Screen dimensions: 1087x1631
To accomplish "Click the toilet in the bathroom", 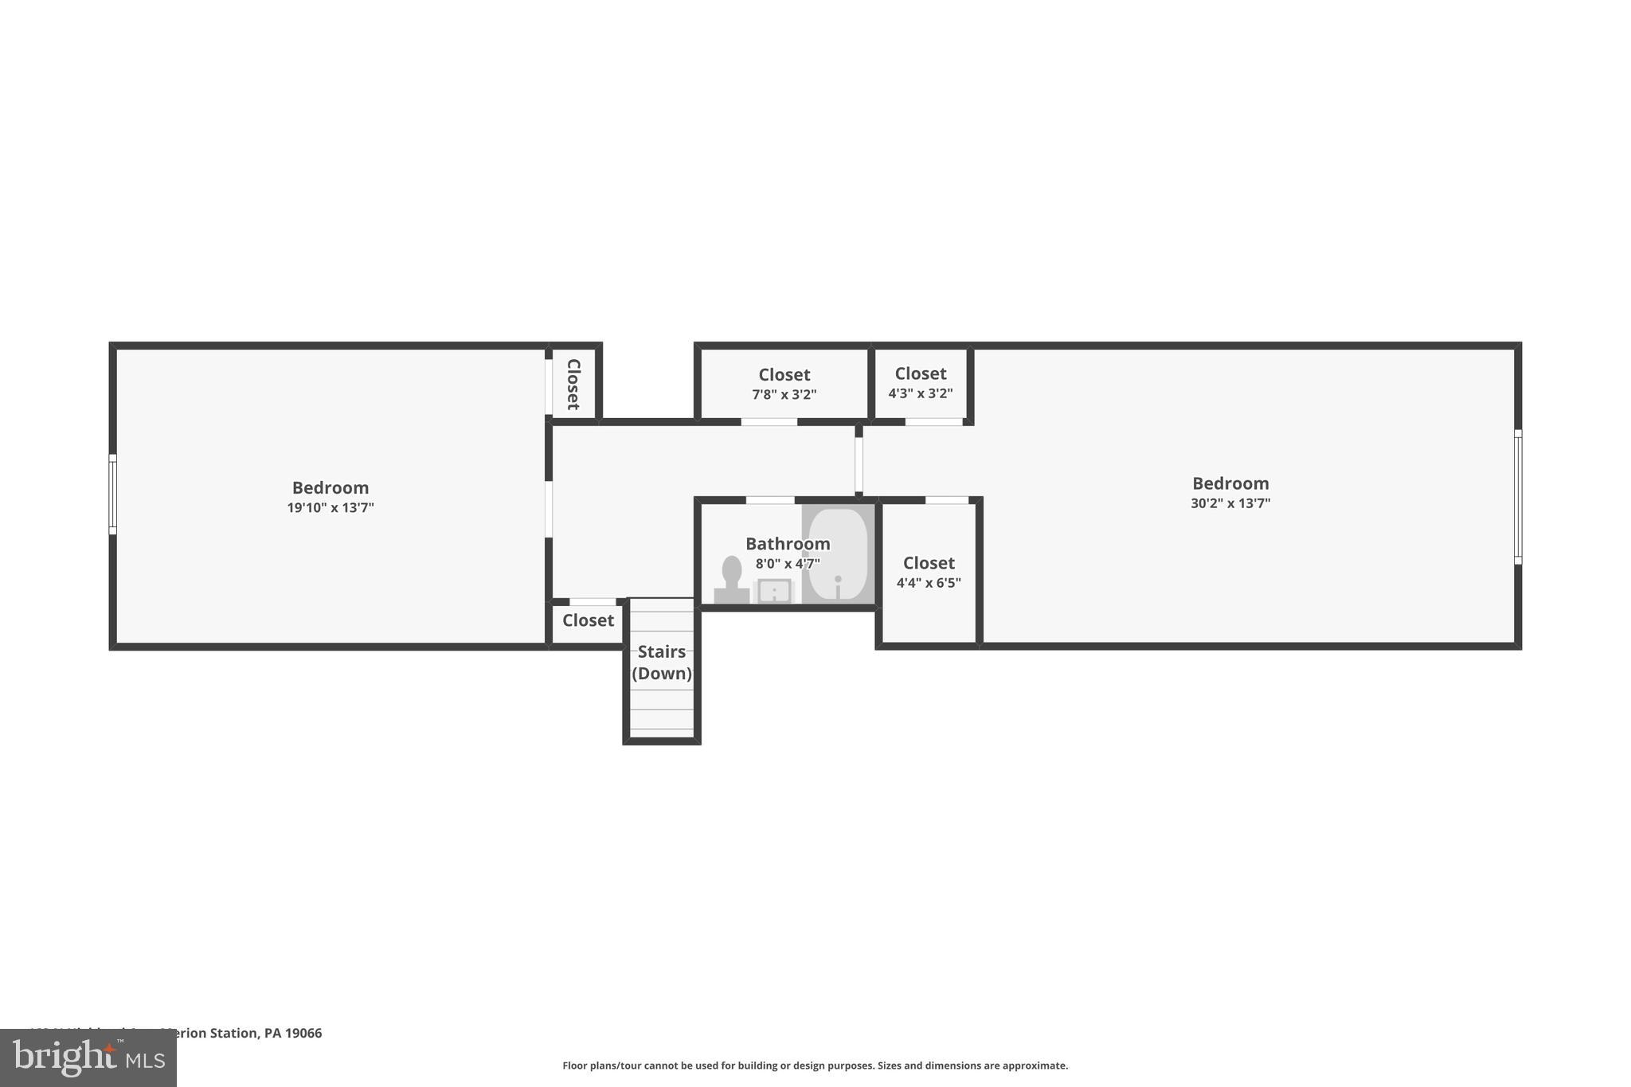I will [x=731, y=580].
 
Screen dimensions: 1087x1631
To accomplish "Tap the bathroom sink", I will [x=773, y=591].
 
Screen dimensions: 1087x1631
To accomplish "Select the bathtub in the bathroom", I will [x=838, y=554].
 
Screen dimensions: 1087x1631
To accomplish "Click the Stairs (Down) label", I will [x=662, y=663].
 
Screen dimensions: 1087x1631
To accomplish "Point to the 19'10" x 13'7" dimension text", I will [x=331, y=508].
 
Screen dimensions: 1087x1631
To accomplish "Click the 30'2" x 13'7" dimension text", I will [x=1230, y=503].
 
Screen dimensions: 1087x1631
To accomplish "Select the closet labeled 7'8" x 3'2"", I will [x=784, y=383].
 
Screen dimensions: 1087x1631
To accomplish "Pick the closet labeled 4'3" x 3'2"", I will [x=921, y=382].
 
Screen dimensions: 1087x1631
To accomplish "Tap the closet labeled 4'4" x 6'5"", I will [x=929, y=572].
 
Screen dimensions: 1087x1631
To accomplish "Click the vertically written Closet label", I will [x=573, y=384].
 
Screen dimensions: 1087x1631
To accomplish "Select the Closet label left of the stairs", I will [x=588, y=620].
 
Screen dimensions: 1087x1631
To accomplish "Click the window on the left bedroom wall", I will [x=113, y=495].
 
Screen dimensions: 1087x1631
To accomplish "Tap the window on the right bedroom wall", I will [x=1518, y=497].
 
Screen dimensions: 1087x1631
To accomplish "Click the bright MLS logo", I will [x=88, y=1058].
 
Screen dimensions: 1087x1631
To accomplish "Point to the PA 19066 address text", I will [x=293, y=1034].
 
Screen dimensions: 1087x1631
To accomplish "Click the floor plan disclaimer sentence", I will [x=815, y=1065].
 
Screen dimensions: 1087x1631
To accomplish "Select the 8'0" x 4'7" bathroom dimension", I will [x=788, y=564].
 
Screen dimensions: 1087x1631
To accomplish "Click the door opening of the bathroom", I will [x=769, y=500].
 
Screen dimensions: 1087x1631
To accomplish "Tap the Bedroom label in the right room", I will [x=1230, y=483].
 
